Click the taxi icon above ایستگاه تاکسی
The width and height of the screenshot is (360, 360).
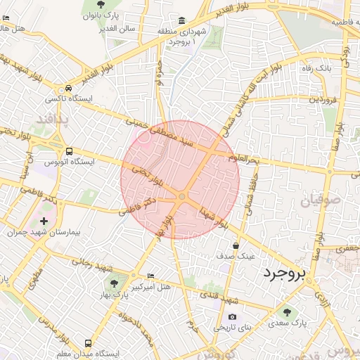pos(67,89)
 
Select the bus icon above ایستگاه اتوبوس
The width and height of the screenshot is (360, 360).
pos(69,151)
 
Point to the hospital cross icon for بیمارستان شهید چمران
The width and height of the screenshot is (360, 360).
pos(44,221)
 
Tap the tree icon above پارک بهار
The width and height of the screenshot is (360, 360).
pos(114,283)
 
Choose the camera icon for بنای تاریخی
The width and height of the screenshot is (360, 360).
pos(233,316)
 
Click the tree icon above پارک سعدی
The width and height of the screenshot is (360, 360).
pos(287,312)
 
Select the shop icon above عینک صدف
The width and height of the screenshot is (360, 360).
pos(235,245)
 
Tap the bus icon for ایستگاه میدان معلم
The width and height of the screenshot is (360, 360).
pos(88,343)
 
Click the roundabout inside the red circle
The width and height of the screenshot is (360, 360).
pos(182,197)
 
